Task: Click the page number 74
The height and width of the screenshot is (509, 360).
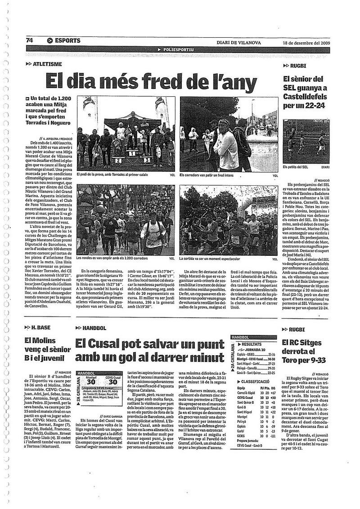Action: click(30, 40)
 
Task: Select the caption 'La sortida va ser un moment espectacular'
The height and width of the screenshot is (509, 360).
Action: click(209, 259)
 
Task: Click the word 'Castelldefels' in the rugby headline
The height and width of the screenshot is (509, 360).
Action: click(306, 97)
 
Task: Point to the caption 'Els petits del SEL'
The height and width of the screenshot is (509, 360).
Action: click(296, 166)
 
